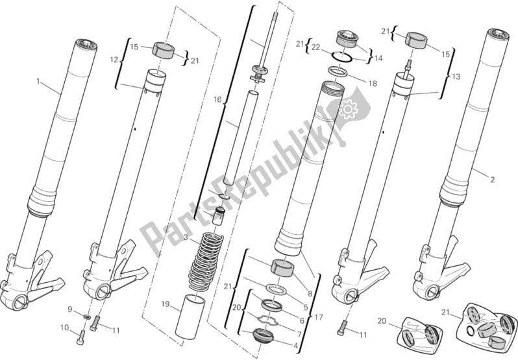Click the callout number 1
click(x=38, y=81)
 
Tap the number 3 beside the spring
click(x=186, y=239)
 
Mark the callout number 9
click(x=71, y=309)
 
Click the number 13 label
click(x=456, y=77)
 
